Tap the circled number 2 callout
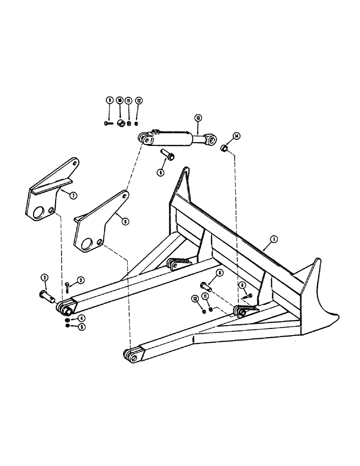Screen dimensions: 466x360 click(x=45, y=278)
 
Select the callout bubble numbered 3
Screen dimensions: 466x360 click(x=81, y=280)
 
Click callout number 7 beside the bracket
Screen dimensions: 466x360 click(x=73, y=196)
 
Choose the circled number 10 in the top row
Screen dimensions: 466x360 click(x=119, y=100)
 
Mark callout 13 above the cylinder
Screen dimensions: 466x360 click(x=198, y=119)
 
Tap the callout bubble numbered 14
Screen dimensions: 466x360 click(x=237, y=136)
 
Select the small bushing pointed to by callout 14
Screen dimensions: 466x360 click(x=224, y=149)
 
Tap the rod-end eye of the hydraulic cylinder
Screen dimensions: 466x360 click(x=210, y=138)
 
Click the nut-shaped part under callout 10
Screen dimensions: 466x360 click(x=120, y=123)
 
